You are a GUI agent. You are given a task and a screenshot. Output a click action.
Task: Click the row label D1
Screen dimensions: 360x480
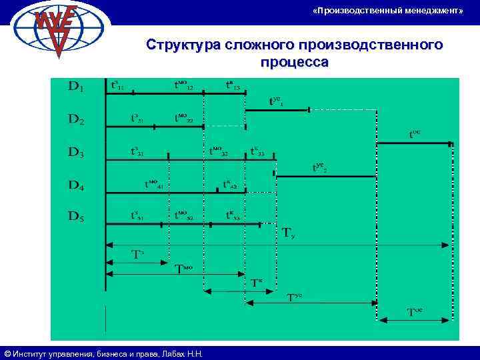pos(76,87)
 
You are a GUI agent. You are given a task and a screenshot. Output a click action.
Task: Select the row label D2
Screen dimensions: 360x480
pos(76,121)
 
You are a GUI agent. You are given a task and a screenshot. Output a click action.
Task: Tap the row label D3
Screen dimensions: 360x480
pos(76,152)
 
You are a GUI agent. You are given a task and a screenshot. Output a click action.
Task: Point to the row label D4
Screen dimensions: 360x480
pos(76,185)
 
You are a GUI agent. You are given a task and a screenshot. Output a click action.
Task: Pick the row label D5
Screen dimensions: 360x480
pos(76,216)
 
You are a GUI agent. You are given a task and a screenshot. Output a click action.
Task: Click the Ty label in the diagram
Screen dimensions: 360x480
pos(289,233)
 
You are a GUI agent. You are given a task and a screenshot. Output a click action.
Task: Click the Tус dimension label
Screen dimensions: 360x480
pos(294,297)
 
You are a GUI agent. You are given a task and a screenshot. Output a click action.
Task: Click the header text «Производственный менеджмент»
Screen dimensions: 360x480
pos(387,11)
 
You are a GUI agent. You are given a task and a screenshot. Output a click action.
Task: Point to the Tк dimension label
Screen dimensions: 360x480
pos(257,282)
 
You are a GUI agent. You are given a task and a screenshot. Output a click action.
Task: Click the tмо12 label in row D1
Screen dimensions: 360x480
pos(183,85)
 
